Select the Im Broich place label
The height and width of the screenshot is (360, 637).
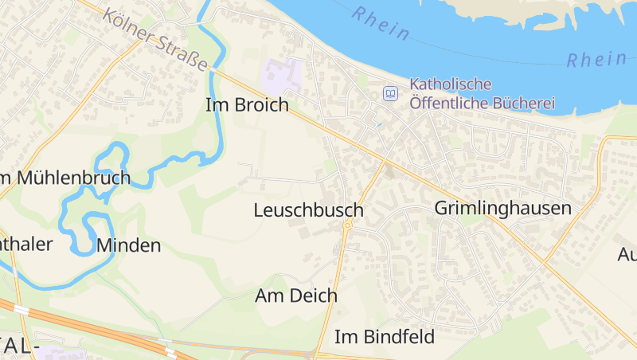[x=247, y=105]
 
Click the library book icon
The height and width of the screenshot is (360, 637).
[x=390, y=94]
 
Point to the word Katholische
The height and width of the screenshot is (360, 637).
[x=451, y=84]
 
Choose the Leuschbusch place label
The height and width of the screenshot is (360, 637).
[x=308, y=211]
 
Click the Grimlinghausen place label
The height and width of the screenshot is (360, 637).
[x=503, y=209]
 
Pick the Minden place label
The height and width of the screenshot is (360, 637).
[x=128, y=245]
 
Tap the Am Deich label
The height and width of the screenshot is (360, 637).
[x=296, y=295]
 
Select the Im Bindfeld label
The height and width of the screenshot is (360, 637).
[x=385, y=337]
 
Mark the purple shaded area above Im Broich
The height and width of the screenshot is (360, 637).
[x=281, y=76]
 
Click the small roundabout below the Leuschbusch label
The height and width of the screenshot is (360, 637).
[x=348, y=225]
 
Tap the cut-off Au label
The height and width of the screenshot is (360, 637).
[x=627, y=255]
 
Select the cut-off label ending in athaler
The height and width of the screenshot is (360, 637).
[x=25, y=243]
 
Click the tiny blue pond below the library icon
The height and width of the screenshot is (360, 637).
[x=379, y=125]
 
